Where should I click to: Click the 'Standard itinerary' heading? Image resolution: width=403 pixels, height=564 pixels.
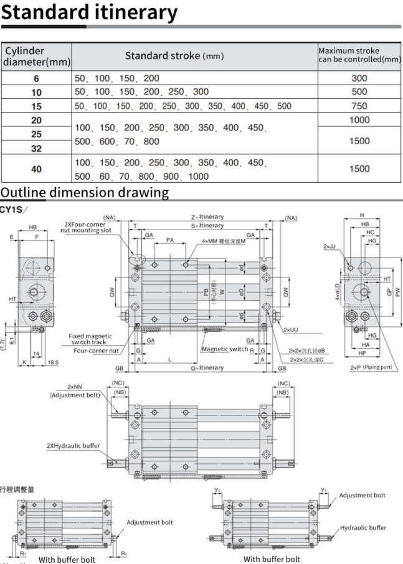(89, 12)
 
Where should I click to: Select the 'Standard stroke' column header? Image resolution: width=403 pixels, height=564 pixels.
(174, 56)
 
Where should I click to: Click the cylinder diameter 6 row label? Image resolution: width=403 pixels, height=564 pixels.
(36, 78)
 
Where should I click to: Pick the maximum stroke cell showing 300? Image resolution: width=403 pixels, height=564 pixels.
(359, 78)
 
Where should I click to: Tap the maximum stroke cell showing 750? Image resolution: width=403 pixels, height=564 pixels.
(359, 106)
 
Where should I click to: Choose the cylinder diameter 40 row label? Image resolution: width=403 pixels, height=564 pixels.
(36, 169)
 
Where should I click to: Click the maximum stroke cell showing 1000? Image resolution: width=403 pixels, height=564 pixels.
(359, 120)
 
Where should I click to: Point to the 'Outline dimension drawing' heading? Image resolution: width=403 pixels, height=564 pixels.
(85, 192)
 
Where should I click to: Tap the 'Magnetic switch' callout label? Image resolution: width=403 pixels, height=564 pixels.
(224, 349)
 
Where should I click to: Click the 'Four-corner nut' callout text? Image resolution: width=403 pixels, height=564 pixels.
(96, 351)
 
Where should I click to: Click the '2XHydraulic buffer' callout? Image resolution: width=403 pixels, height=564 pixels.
(73, 446)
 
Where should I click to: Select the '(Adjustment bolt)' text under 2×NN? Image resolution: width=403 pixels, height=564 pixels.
(75, 395)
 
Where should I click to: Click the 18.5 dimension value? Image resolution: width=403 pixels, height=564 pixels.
(53, 362)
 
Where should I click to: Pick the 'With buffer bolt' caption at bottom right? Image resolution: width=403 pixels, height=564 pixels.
(272, 560)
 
